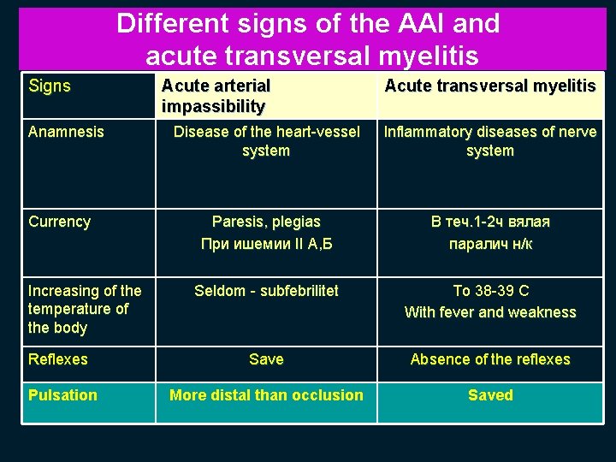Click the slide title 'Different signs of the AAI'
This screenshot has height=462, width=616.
[308, 24]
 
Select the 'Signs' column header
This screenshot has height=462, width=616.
[50, 86]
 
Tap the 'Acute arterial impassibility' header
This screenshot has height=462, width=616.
[216, 96]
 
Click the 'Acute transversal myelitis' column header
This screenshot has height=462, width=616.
[490, 86]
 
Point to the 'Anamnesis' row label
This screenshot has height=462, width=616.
[66, 132]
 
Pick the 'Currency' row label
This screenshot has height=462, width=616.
[59, 222]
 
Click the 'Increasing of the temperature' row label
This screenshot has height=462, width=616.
[85, 309]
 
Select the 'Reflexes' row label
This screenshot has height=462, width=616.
[57, 359]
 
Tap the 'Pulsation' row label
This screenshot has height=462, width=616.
[62, 395]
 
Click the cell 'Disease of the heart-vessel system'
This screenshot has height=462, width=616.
[266, 141]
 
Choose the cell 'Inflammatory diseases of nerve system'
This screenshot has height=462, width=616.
[490, 141]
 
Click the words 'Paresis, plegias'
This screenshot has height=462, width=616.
[266, 222]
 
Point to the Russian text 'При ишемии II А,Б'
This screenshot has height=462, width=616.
[266, 244]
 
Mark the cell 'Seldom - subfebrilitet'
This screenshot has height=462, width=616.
[266, 291]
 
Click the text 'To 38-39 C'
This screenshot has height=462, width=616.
[490, 291]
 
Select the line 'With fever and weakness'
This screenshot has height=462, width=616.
[490, 312]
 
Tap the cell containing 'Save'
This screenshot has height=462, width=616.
[266, 359]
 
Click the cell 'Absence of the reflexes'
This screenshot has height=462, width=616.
[490, 359]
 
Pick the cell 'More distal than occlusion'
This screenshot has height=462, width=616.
[266, 395]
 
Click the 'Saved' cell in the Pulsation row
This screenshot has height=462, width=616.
[490, 395]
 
